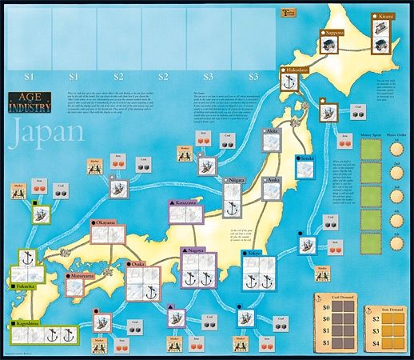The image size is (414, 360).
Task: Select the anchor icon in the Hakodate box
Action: coord(289,86)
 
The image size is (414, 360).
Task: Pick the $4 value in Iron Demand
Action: coord(368,343)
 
